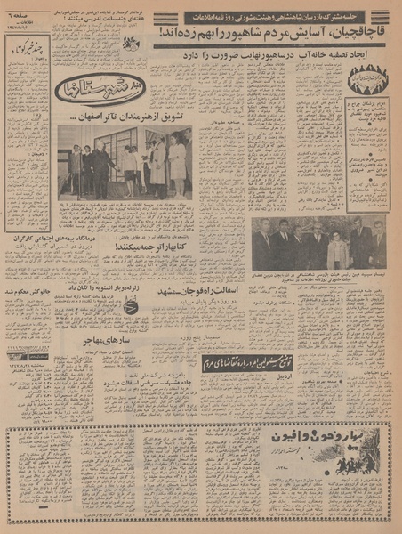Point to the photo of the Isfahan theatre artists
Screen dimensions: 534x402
coord(125,161)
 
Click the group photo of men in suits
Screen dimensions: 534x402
coord(318,243)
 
